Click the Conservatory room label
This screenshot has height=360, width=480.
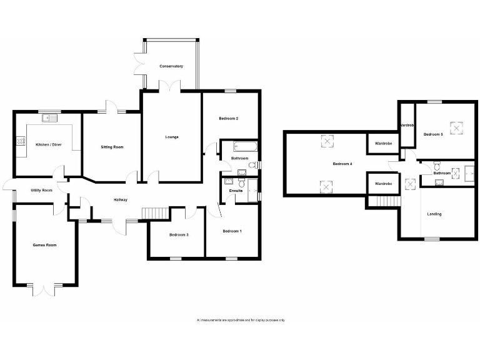pos(171,66)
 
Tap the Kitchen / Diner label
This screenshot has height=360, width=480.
pos(47,142)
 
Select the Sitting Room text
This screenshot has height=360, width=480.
pos(112,147)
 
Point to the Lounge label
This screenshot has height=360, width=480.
pos(172,137)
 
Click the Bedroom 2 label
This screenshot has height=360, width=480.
pos(229,118)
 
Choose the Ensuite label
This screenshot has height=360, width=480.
pos(236,191)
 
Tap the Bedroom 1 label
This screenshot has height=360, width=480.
pos(232,231)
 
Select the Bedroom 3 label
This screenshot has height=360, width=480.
pos(179,235)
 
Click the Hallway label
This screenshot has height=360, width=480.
pos(121,200)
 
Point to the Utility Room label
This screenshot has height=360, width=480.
pos(41,190)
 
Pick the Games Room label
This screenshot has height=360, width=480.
pos(45,245)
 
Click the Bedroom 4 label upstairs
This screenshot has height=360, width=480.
pos(342,164)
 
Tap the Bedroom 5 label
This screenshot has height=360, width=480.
pos(433,134)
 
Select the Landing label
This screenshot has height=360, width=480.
pos(434,214)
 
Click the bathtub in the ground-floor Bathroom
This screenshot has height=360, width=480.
pos(244,148)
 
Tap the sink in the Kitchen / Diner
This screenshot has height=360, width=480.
pos(49,119)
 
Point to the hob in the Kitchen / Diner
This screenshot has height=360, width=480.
pos(21,142)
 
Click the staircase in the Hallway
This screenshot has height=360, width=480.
pos(155,214)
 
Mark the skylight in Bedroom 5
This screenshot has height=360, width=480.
pos(459,128)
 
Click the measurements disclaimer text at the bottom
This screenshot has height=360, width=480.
pos(241,320)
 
